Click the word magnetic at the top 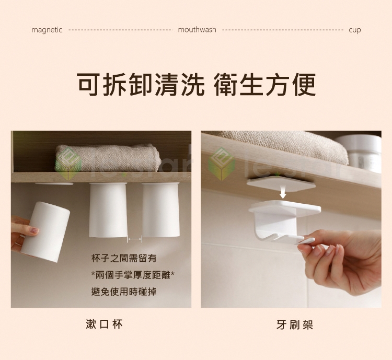coord(47,30)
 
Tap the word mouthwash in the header coord(197,30)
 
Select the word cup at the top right coord(355,30)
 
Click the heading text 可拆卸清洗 coord(141,85)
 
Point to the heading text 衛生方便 coord(265,85)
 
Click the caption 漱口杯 coord(104,324)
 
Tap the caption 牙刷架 coord(295,325)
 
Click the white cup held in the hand coord(45,232)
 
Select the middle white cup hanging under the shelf coord(108,210)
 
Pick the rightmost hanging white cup coord(161,210)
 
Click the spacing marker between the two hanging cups coord(135,239)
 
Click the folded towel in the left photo coord(108,158)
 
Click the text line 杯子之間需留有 coord(124,258)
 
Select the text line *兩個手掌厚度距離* coord(133,275)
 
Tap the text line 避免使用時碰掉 coord(124,292)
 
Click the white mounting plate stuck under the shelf coord(281,183)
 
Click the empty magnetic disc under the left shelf coord(54,184)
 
